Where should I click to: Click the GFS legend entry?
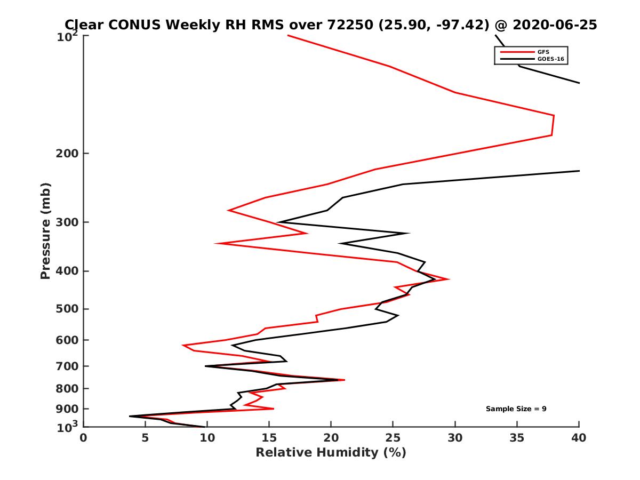click(x=540, y=52)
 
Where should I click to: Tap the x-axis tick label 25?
click(x=393, y=438)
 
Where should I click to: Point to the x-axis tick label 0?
click(x=84, y=438)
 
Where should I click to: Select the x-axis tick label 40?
click(x=579, y=438)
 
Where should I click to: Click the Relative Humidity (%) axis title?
click(x=331, y=453)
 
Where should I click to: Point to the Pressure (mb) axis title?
click(x=45, y=231)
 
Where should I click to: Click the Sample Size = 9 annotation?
click(x=516, y=409)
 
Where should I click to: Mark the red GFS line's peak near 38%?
click(x=554, y=116)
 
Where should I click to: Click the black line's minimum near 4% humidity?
click(x=130, y=416)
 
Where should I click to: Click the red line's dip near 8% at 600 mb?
click(x=183, y=346)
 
